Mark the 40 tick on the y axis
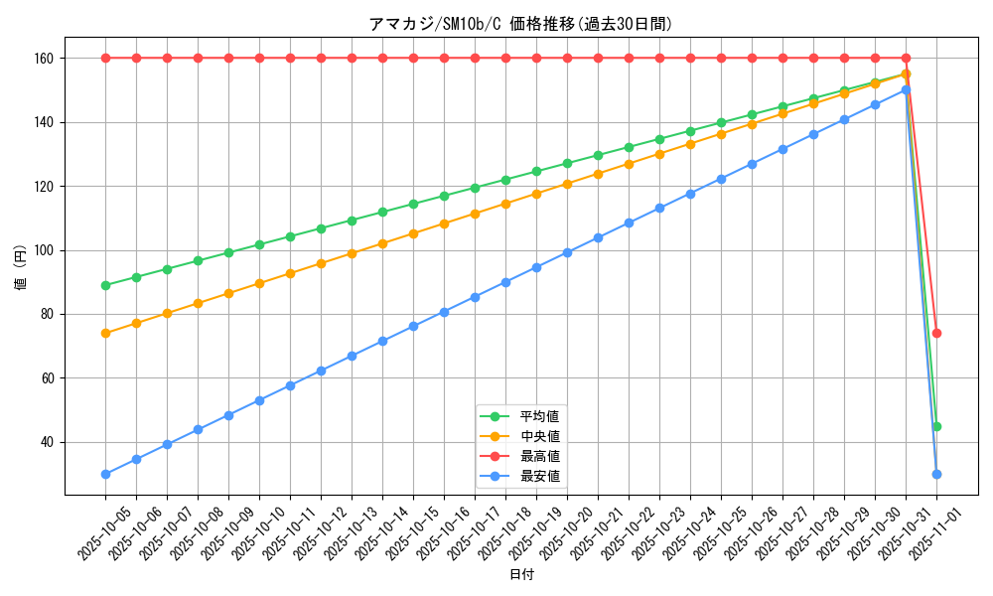point(46,442)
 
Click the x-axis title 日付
point(520,575)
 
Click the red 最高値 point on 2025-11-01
point(936,333)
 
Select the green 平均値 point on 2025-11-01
point(936,426)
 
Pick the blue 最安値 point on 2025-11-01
point(936,474)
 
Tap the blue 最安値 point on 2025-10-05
point(105,474)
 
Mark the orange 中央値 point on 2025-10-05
point(105,333)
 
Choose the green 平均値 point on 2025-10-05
point(105,285)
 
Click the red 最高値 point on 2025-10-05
point(105,58)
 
